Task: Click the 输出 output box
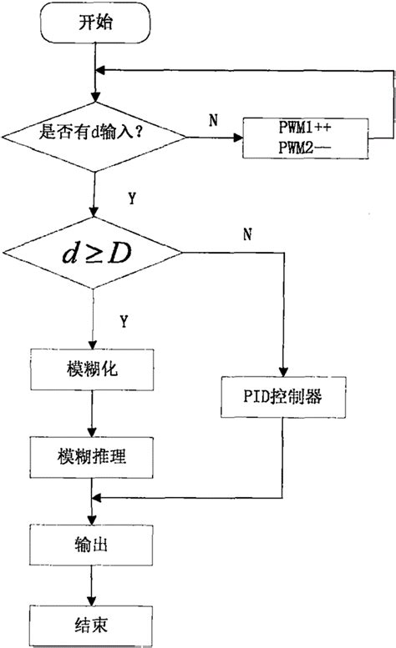[x=92, y=547]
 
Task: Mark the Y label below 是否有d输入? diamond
[x=133, y=198]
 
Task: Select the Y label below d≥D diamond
[x=125, y=320]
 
